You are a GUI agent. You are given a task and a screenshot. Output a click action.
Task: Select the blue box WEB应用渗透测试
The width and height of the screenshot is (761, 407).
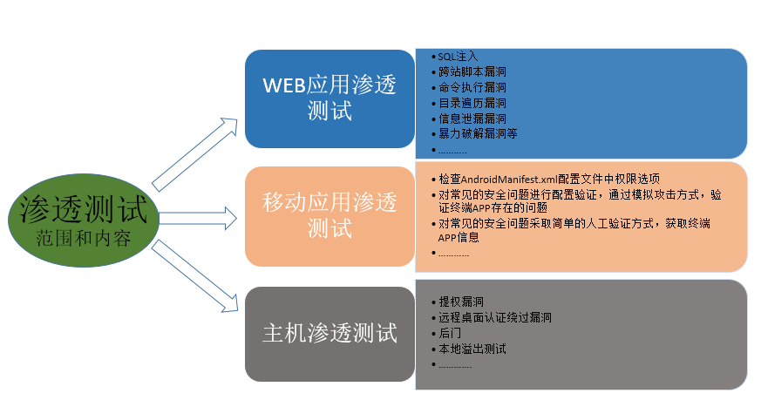pos(330,98)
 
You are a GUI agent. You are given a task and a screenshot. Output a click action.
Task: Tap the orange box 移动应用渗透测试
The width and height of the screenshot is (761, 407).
pos(330,216)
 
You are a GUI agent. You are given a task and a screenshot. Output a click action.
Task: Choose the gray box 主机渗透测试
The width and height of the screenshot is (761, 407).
pos(330,333)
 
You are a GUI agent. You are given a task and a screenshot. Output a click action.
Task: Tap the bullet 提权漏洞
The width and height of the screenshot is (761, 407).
pos(456,302)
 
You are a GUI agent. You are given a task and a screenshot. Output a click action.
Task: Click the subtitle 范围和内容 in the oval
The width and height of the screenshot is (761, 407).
pos(84,236)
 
